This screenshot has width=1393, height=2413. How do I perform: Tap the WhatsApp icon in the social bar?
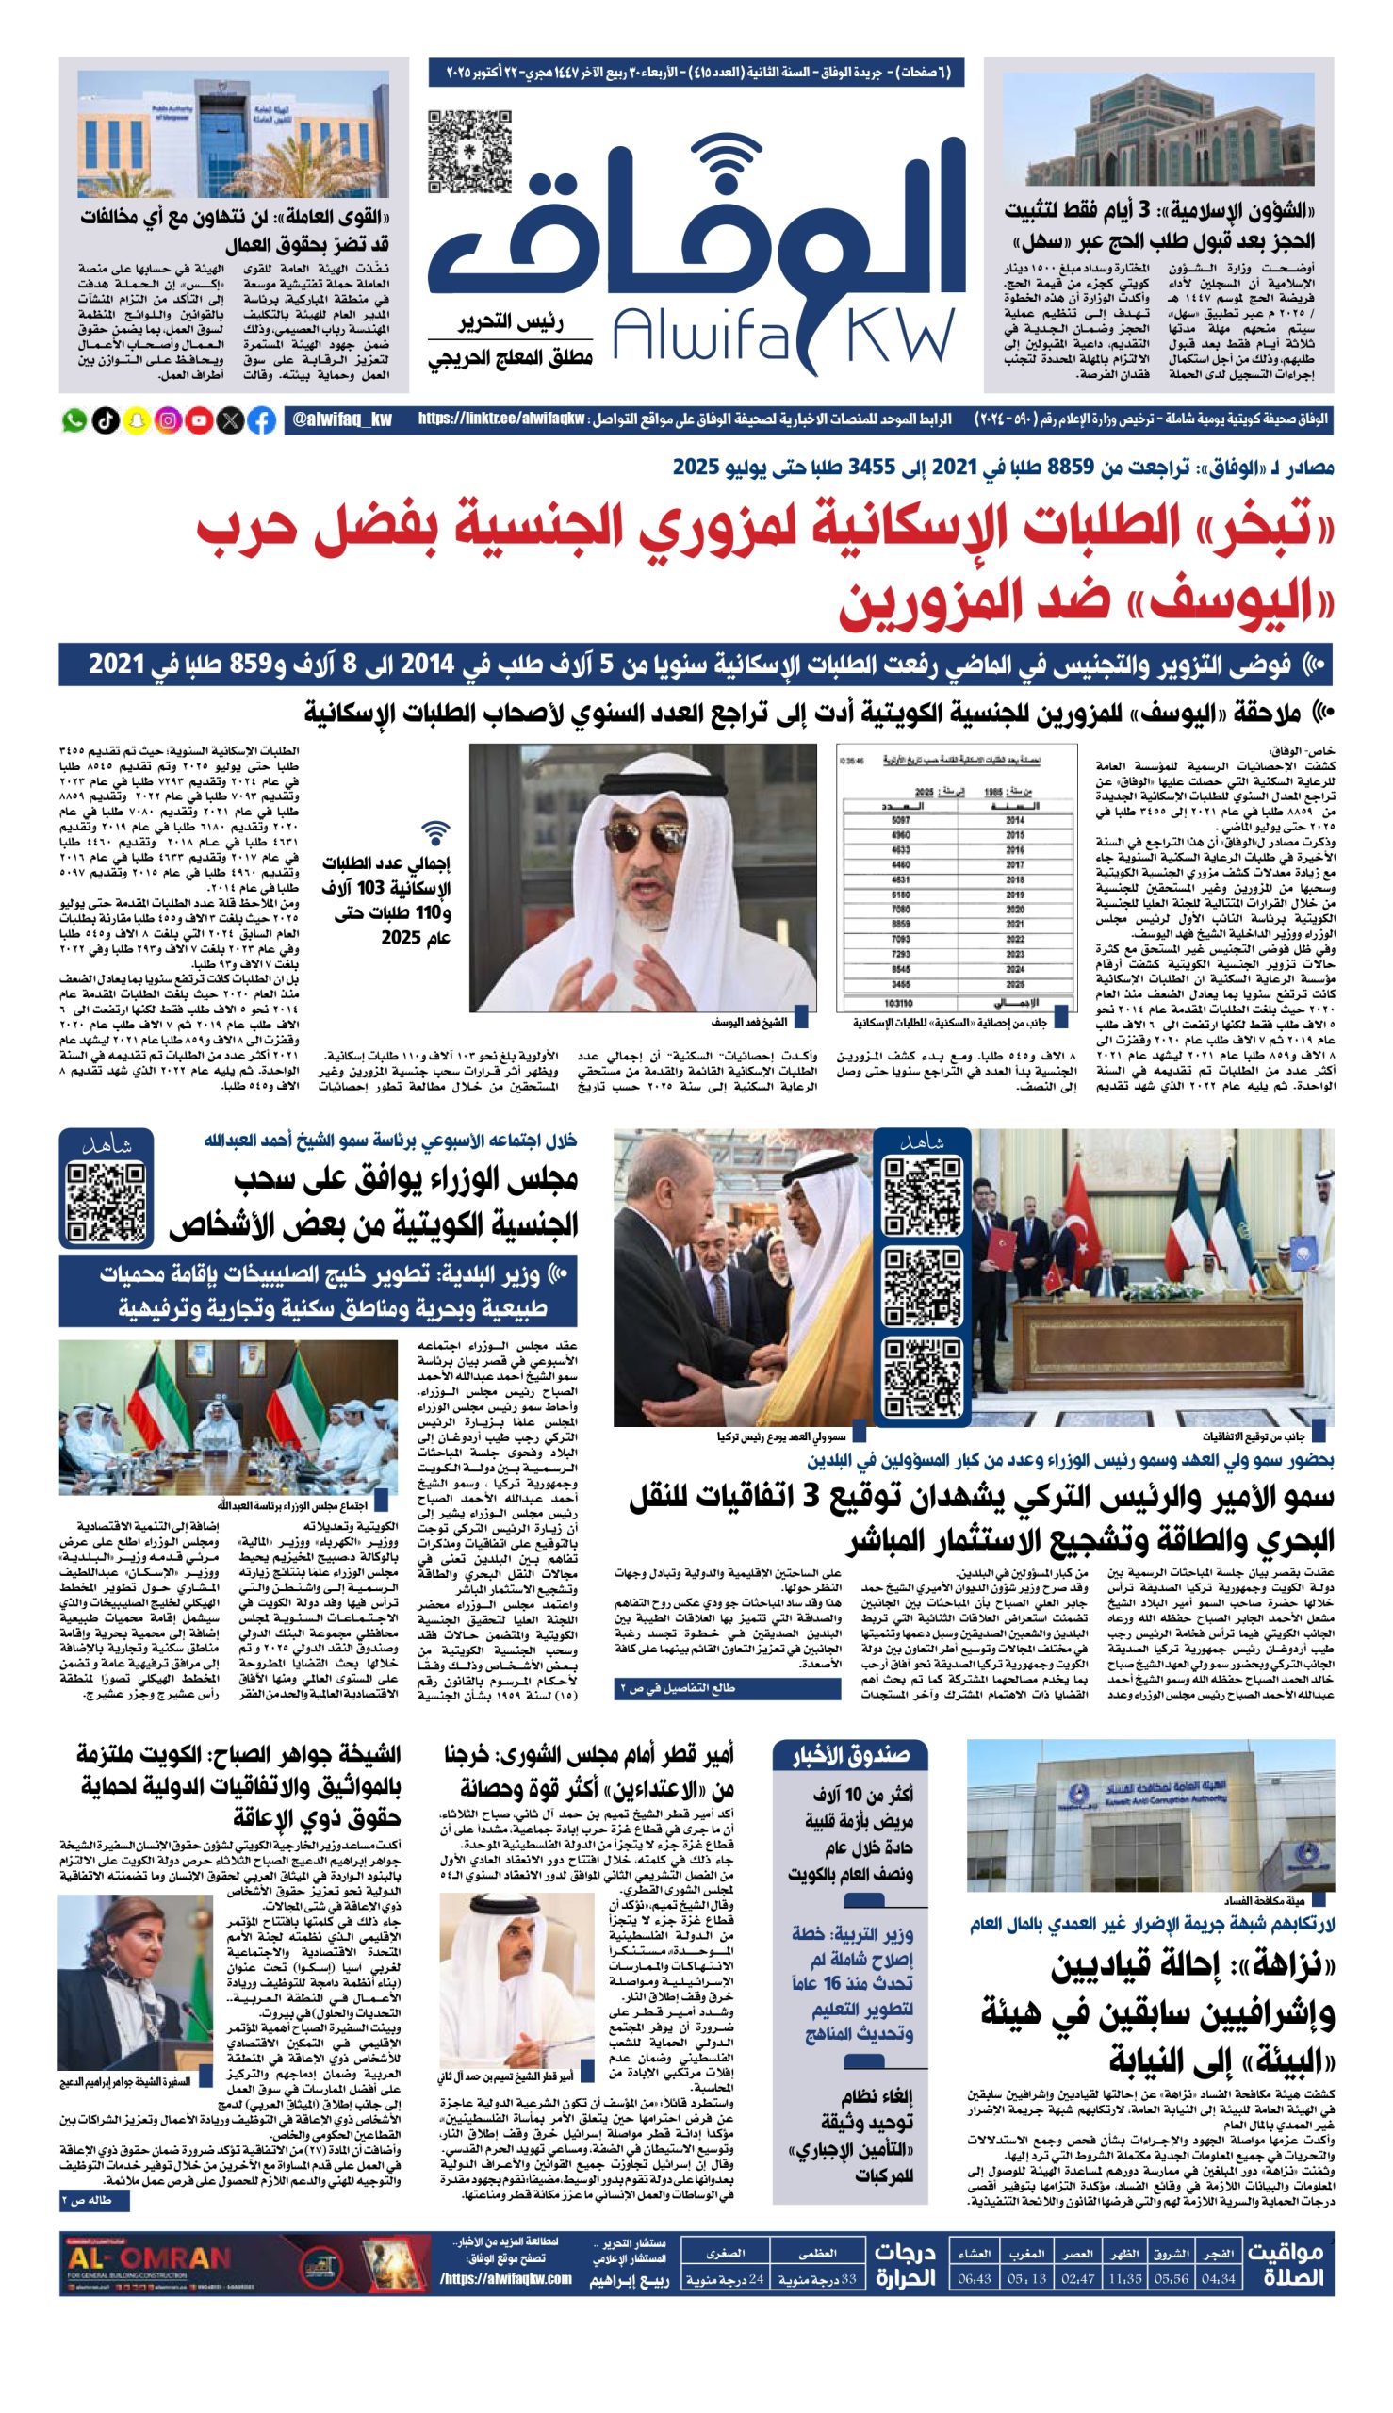pos(74,420)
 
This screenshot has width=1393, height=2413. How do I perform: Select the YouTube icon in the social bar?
pos(199,420)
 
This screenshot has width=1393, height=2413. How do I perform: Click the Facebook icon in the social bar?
pos(261,420)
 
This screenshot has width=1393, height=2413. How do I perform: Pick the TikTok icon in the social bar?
pos(106,420)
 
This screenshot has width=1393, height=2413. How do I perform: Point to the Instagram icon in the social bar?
pos(168,420)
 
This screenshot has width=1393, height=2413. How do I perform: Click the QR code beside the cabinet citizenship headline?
pos(107,1203)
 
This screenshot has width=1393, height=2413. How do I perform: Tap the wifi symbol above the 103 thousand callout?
pos(436,832)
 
